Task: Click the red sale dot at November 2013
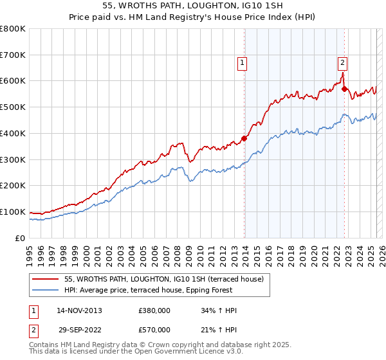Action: (244, 138)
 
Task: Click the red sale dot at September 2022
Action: (345, 89)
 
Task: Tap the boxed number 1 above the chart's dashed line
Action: (242, 63)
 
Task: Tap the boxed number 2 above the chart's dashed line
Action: (342, 63)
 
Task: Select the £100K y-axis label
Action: (13, 212)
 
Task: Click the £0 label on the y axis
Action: (20, 238)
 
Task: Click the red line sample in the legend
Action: (45, 280)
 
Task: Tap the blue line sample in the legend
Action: (45, 291)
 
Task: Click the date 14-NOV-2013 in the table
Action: (79, 310)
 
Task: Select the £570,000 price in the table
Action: (154, 330)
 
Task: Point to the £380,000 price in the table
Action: (154, 310)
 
